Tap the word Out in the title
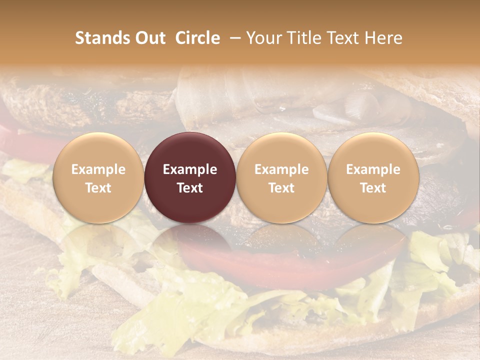point(149,38)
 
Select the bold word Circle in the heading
point(197,38)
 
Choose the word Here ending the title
point(384,38)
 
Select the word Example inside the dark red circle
point(190,169)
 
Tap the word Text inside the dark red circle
point(190,188)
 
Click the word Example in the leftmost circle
point(98,169)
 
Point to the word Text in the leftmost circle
point(98,188)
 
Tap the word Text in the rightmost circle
point(373,188)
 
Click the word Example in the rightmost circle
point(373,169)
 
